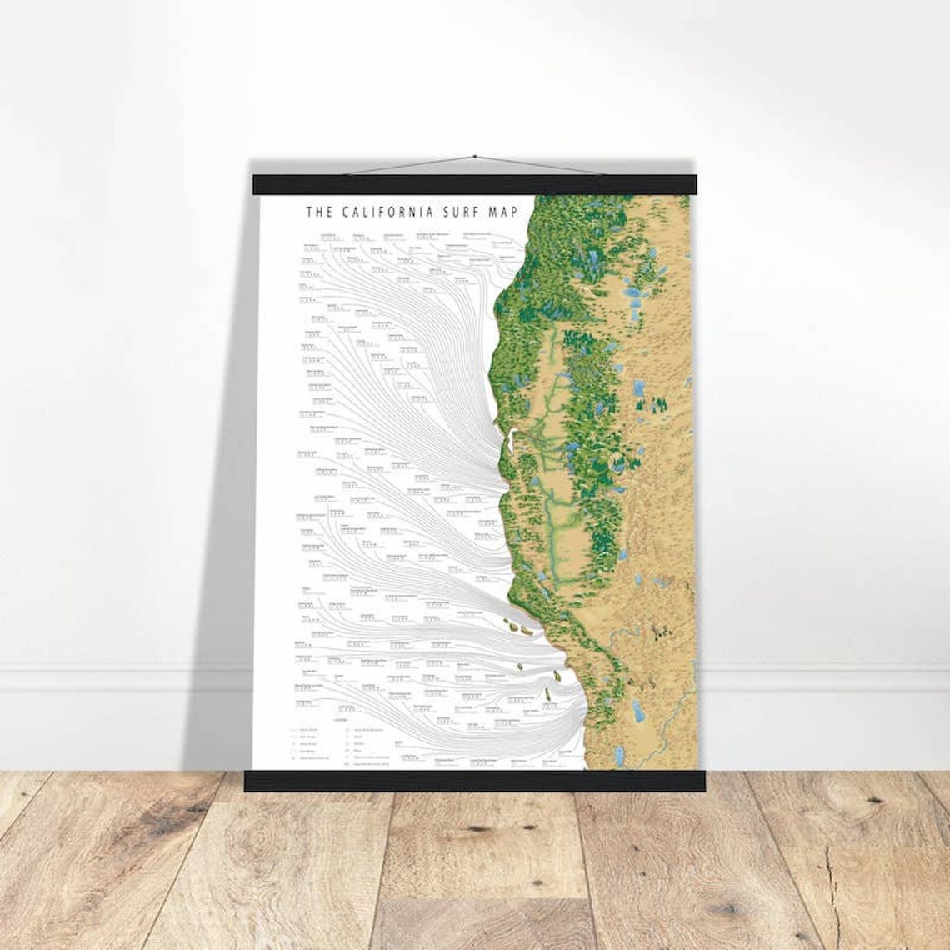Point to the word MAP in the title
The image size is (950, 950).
[505, 212]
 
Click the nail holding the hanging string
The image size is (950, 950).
[474, 156]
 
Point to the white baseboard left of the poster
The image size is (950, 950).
[125, 679]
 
